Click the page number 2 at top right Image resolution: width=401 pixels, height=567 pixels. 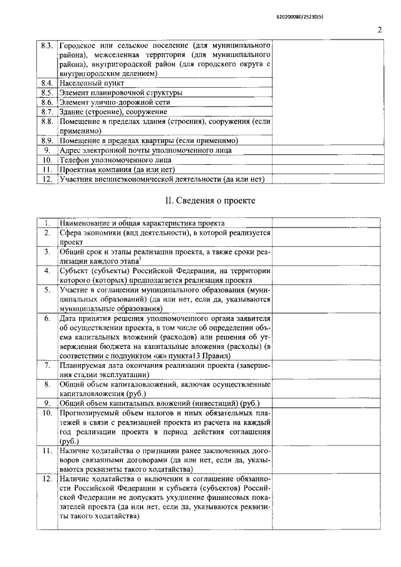coord(380,29)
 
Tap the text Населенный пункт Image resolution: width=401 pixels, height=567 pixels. coord(92,83)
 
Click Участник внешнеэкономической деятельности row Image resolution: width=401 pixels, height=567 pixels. coord(162,179)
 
